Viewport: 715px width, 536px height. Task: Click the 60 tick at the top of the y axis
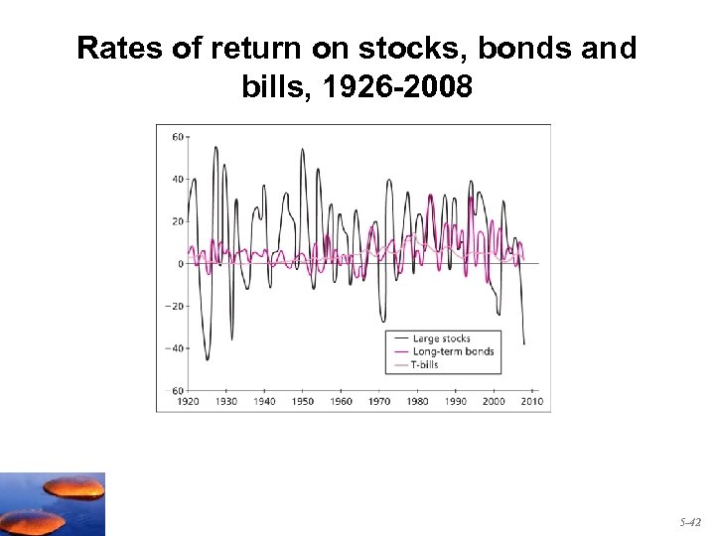tap(177, 137)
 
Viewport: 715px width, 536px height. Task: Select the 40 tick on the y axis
tap(177, 180)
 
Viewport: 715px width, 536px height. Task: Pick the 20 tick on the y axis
tap(177, 221)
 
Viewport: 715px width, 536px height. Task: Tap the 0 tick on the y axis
tap(180, 264)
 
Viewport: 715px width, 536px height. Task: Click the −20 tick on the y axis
tap(174, 306)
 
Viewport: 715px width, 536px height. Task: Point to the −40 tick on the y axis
tap(174, 348)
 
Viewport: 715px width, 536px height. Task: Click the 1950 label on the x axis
tap(303, 402)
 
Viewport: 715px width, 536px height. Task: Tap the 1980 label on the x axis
tap(418, 402)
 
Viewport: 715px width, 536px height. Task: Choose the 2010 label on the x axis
tap(532, 402)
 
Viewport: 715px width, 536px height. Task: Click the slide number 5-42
tap(690, 520)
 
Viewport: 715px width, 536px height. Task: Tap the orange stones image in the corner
tap(52, 504)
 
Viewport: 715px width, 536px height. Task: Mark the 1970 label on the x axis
tap(379, 402)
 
